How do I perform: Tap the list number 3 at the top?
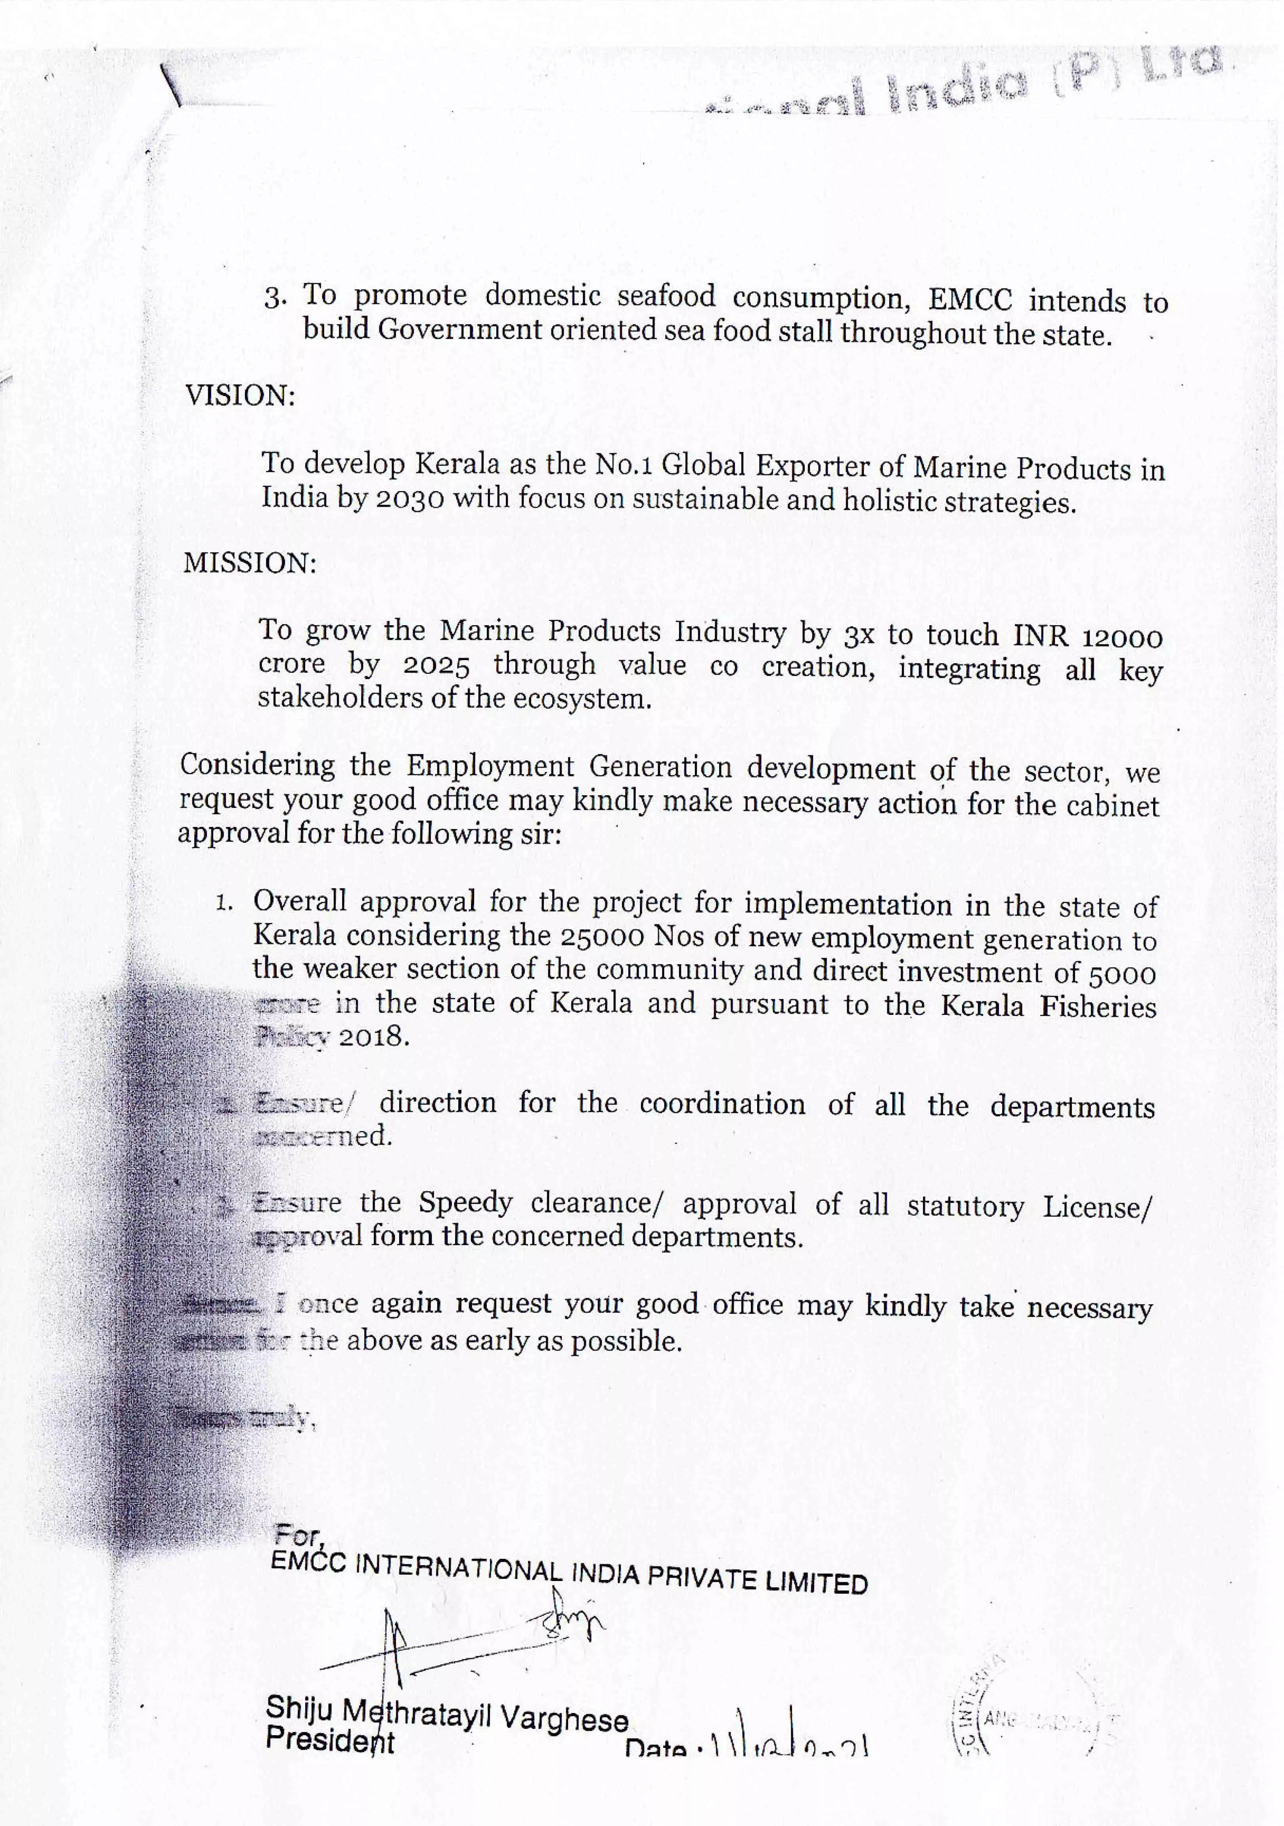pyautogui.click(x=274, y=298)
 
